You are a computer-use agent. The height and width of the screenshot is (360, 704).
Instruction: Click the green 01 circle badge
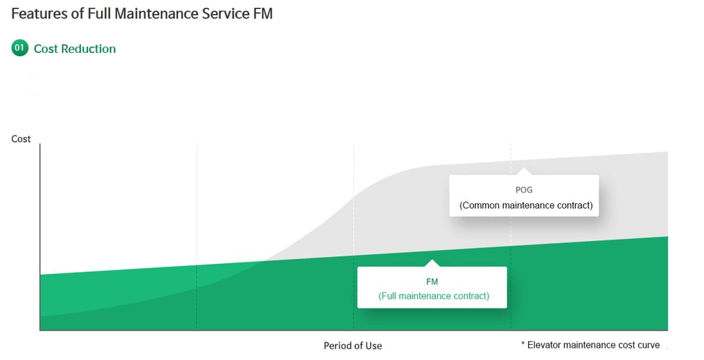pyautogui.click(x=20, y=48)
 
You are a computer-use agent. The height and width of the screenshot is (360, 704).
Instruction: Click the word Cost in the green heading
pyautogui.click(x=45, y=49)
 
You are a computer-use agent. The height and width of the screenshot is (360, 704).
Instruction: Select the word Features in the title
pyautogui.click(x=39, y=13)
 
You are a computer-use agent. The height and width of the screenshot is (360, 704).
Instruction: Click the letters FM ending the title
pyautogui.click(x=263, y=13)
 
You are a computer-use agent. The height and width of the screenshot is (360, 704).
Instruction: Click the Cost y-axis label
pyautogui.click(x=21, y=139)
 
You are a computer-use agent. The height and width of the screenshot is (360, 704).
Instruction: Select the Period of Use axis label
pyautogui.click(x=353, y=346)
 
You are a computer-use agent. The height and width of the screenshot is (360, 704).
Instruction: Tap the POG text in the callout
pyautogui.click(x=524, y=190)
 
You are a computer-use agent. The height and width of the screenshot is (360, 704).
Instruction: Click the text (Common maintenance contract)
pyautogui.click(x=526, y=205)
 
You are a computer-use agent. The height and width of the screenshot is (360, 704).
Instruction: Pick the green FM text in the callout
pyautogui.click(x=432, y=282)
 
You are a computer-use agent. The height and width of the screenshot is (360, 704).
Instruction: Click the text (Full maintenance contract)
pyautogui.click(x=434, y=296)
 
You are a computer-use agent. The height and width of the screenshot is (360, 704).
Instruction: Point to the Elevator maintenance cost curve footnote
pyautogui.click(x=593, y=345)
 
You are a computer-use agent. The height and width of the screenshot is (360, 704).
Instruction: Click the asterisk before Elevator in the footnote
pyautogui.click(x=522, y=344)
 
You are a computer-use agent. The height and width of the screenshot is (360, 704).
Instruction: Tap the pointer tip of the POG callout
pyautogui.click(x=524, y=169)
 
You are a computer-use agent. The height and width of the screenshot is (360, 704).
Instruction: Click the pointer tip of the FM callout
pyautogui.click(x=431, y=260)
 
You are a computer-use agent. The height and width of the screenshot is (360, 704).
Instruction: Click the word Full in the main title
pyautogui.click(x=100, y=13)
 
